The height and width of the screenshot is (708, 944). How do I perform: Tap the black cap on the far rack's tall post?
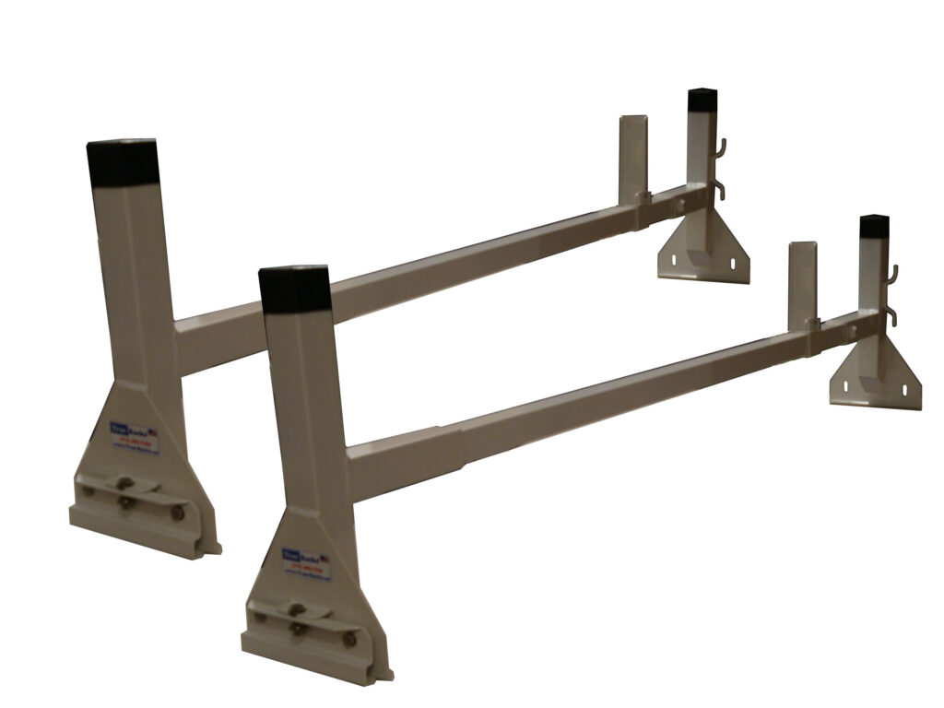pos(123,162)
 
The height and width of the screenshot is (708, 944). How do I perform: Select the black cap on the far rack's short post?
pos(702,101)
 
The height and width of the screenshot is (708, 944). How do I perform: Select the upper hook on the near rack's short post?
pos(891,275)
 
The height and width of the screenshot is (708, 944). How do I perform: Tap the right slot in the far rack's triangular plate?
pos(733,265)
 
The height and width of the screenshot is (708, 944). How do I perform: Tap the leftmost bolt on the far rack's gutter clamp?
pos(89,490)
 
